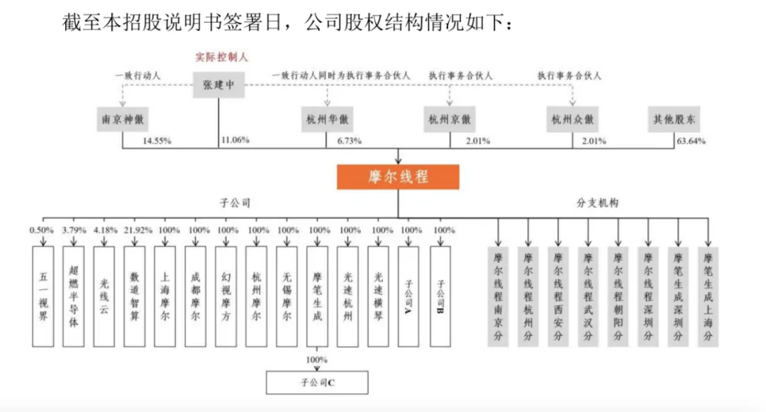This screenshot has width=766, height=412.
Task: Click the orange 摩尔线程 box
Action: [398, 177]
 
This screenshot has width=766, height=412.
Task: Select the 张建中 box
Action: [218, 86]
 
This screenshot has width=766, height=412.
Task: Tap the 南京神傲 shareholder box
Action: [123, 120]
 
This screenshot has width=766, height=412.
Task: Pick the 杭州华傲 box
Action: [326, 120]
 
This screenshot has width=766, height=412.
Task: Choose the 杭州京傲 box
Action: [450, 120]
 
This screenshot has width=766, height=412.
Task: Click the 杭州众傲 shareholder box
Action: [572, 120]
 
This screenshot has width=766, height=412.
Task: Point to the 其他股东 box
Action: [674, 120]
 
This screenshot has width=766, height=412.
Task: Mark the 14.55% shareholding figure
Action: [157, 141]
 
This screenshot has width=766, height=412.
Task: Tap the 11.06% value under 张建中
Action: [235, 140]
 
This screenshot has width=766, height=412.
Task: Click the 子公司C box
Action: [317, 383]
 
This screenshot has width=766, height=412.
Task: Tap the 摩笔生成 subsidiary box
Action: [317, 296]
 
